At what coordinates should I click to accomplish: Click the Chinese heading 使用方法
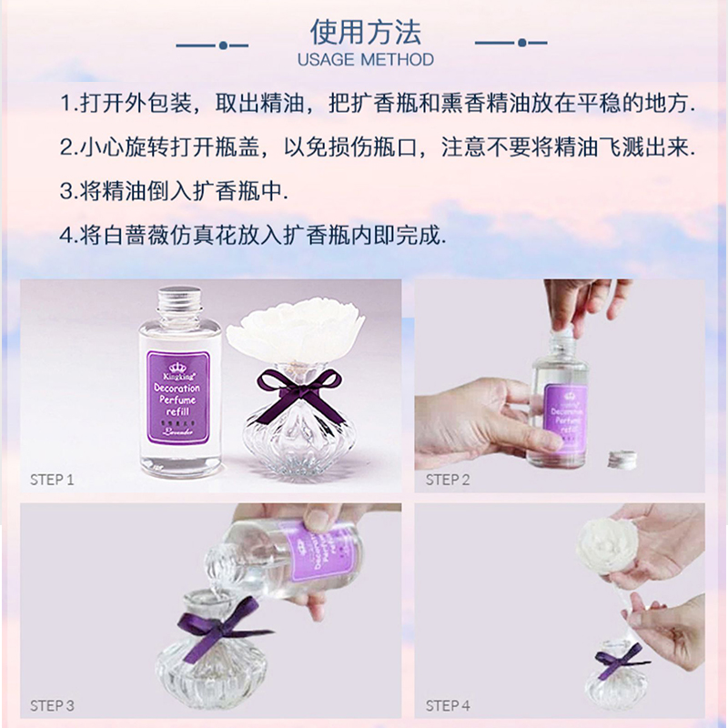coord(366,34)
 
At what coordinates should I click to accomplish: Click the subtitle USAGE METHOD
coord(366,60)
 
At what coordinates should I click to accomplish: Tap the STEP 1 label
coord(51,480)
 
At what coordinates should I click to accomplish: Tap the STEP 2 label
coord(448,480)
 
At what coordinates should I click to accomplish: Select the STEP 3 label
coord(51,704)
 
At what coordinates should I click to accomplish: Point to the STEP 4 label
coord(448,704)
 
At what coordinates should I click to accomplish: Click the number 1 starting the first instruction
coord(66,103)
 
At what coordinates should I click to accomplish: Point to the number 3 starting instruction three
coord(66,191)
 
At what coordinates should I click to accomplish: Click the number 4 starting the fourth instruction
coord(66,235)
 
